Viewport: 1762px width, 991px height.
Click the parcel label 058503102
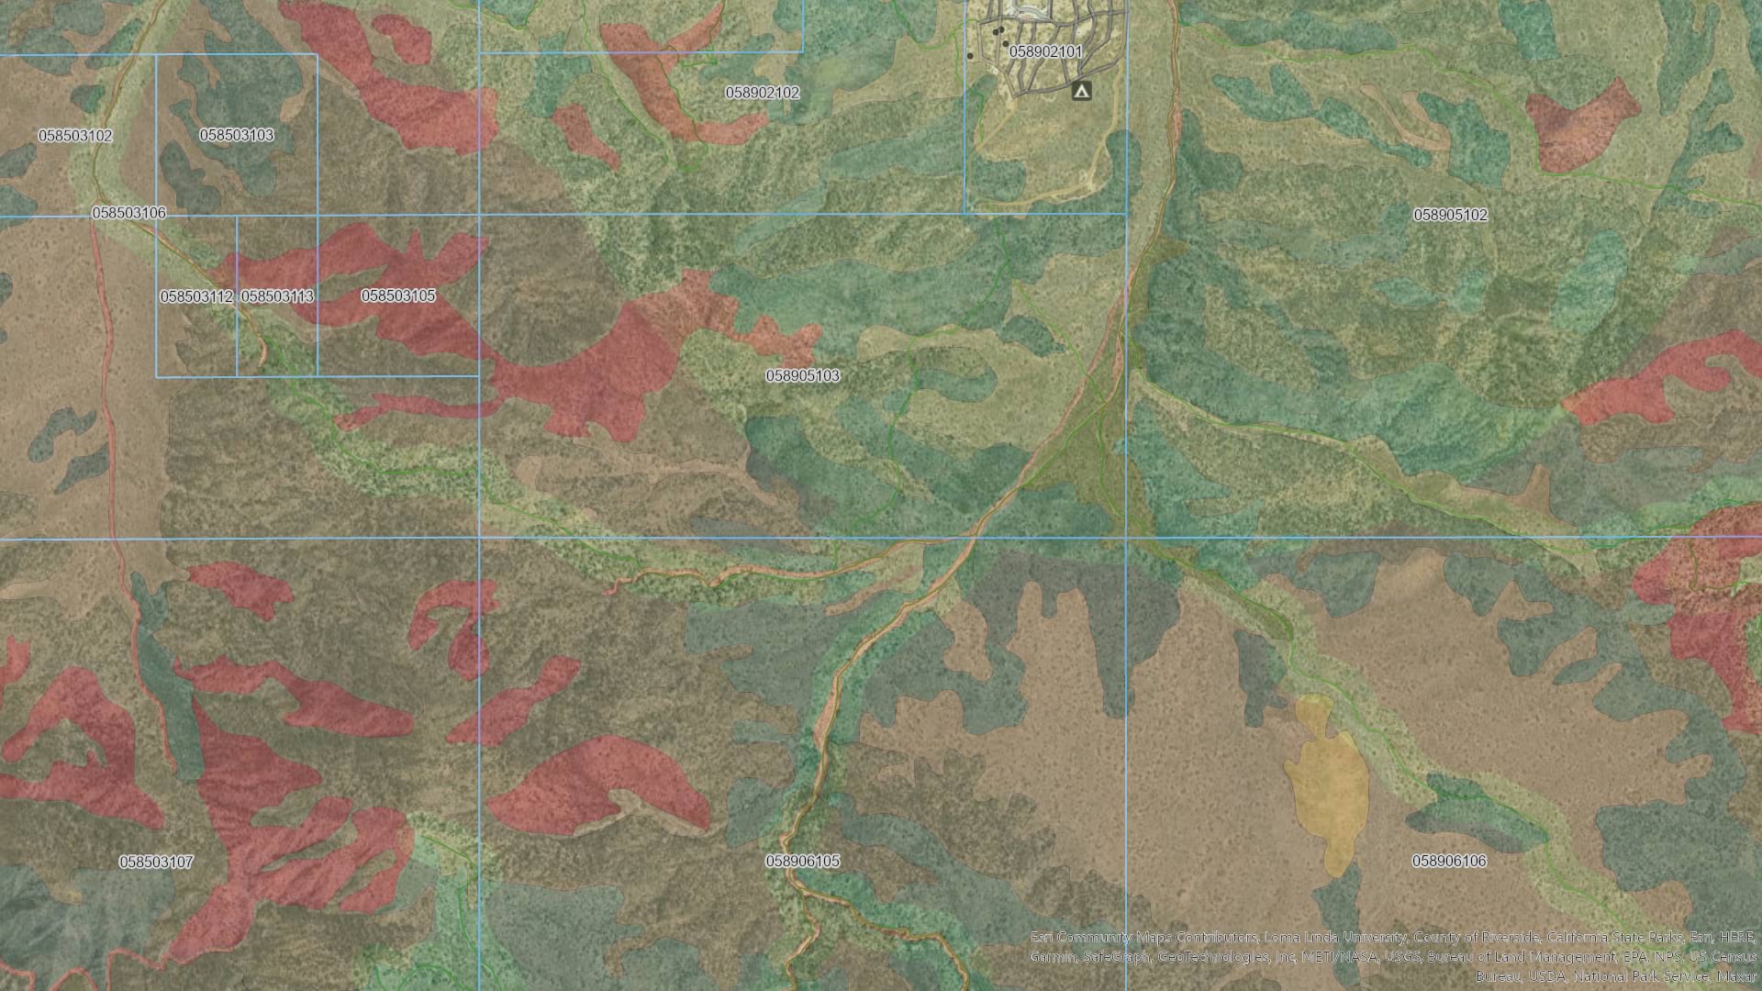coord(75,136)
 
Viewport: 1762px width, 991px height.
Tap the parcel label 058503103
coord(237,135)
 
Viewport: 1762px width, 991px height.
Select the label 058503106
coord(129,213)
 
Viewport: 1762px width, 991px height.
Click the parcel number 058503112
coord(196,296)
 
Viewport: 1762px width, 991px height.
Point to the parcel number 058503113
coord(277,296)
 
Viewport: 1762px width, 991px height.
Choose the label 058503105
coord(397,295)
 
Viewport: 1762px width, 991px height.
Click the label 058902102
coord(762,93)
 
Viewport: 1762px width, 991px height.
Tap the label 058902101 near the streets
coord(1045,52)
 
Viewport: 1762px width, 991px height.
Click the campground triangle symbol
coord(1082,91)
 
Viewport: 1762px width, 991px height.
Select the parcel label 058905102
coord(1450,215)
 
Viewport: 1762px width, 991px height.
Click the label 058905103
coord(802,375)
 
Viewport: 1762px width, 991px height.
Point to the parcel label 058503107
coord(156,862)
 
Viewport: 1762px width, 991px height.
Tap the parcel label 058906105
coord(802,861)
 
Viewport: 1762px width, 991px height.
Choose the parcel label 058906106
coord(1449,861)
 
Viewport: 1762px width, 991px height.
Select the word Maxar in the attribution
coord(1736,975)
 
